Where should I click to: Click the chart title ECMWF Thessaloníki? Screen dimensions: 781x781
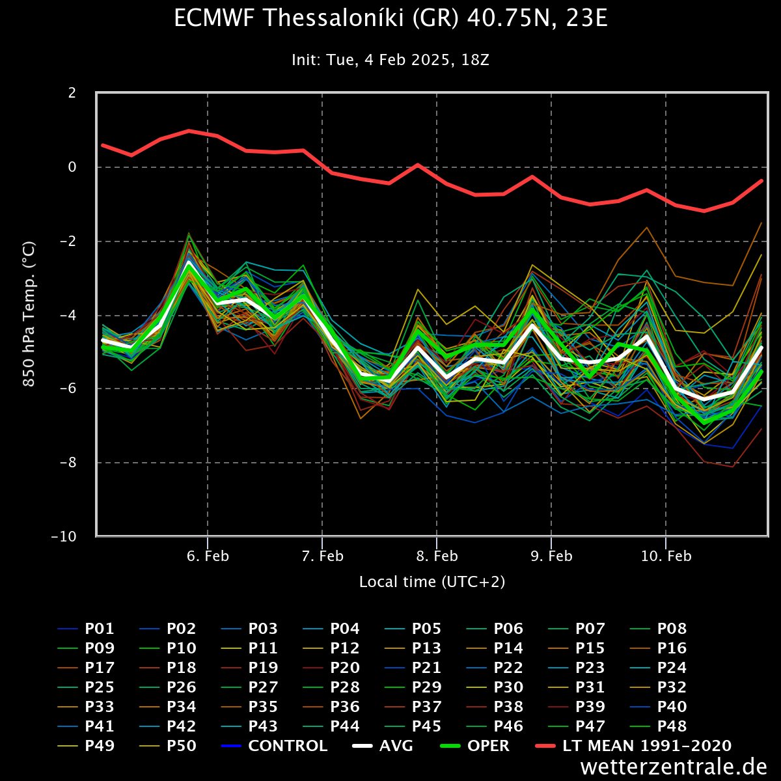point(390,20)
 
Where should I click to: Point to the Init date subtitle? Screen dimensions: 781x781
point(390,61)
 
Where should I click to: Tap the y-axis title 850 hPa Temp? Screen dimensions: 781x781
point(29,314)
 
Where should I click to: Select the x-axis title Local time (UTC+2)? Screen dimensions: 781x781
point(432,582)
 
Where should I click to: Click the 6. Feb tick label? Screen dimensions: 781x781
point(208,556)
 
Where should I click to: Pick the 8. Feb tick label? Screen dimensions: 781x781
point(437,556)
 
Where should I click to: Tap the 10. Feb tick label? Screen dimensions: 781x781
point(666,556)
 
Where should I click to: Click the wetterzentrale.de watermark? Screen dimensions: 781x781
point(674,767)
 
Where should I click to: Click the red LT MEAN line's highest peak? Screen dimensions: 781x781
point(189,131)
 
